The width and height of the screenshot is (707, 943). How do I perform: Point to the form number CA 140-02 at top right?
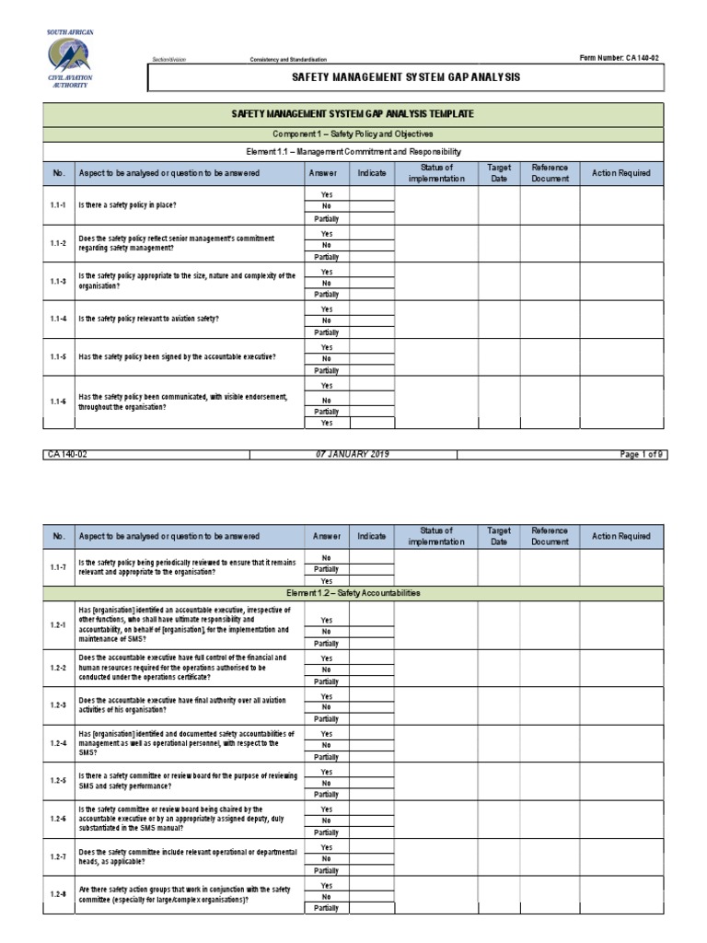pyautogui.click(x=620, y=58)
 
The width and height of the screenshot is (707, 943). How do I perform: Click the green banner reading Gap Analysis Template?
pyautogui.click(x=353, y=114)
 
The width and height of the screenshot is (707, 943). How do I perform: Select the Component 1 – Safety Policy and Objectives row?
pyautogui.click(x=353, y=134)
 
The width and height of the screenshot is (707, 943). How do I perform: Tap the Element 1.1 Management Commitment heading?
pyautogui.click(x=353, y=151)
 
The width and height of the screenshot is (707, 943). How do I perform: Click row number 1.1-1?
pyautogui.click(x=58, y=206)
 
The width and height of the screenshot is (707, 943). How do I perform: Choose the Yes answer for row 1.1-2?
pyautogui.click(x=326, y=234)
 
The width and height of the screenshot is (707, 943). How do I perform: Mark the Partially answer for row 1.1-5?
pyautogui.click(x=326, y=370)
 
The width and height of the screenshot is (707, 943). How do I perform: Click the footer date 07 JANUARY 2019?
pyautogui.click(x=353, y=454)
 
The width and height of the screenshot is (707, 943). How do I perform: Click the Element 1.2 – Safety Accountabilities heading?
pyautogui.click(x=353, y=593)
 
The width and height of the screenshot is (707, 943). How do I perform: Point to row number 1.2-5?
pyautogui.click(x=58, y=782)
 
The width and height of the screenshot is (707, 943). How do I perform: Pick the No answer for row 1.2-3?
pyautogui.click(x=326, y=707)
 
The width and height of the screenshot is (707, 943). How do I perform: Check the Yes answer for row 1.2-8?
pyautogui.click(x=326, y=885)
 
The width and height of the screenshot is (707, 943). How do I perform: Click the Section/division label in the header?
pyautogui.click(x=169, y=59)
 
